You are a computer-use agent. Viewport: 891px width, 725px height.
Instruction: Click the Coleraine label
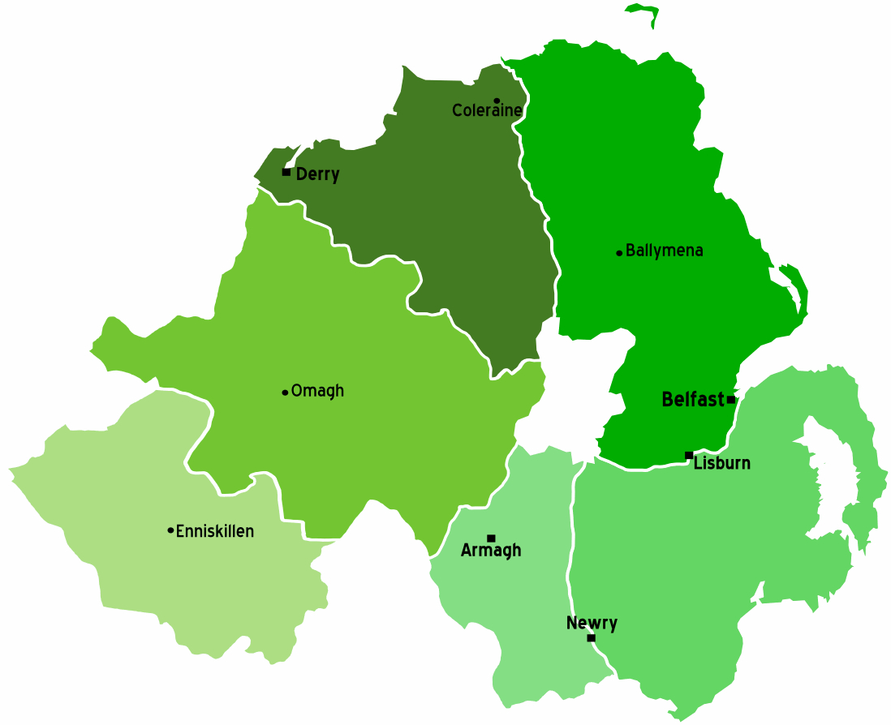487,111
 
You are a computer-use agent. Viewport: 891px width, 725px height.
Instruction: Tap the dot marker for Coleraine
497,101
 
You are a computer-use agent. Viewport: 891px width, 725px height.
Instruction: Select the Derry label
317,174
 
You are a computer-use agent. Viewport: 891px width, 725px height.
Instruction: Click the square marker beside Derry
286,172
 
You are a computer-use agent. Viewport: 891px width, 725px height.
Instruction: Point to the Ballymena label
664,251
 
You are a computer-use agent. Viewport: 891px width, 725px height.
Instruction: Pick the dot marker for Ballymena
619,253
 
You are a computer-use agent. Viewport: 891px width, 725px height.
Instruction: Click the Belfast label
692,400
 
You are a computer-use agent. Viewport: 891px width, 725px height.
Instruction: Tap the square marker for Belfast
731,400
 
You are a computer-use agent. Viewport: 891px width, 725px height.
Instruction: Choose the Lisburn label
721,464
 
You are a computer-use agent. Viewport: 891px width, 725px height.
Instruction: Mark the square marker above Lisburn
689,455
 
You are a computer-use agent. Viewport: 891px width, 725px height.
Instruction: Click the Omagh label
317,391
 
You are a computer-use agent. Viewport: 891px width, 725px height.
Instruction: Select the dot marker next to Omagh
285,393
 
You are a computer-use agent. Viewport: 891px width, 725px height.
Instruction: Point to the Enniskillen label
215,531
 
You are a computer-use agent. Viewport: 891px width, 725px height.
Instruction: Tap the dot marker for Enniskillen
170,530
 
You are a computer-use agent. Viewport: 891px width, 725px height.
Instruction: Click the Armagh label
491,551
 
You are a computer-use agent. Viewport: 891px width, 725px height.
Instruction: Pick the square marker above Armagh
491,538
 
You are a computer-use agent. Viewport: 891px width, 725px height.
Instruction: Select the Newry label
592,623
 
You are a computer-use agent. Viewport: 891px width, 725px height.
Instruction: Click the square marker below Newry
591,638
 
